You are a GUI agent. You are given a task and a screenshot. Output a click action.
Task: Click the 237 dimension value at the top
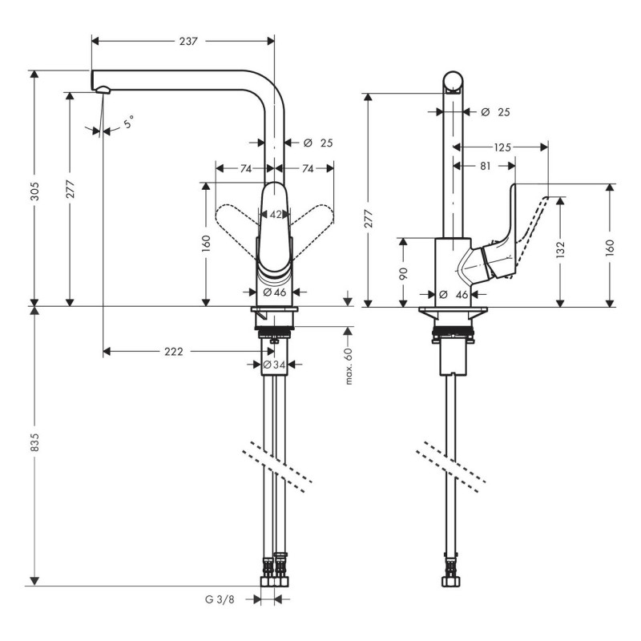coord(188,41)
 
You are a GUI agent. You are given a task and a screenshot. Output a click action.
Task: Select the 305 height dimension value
coord(34,191)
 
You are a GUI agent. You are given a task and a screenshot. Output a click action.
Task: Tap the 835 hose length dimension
coord(34,442)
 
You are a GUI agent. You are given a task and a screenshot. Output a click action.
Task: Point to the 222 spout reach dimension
coord(174,352)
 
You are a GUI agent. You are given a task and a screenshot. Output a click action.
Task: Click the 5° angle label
coord(128,122)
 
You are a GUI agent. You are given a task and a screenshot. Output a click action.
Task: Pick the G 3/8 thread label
coord(220,599)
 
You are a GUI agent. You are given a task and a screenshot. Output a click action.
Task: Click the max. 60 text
coord(349,366)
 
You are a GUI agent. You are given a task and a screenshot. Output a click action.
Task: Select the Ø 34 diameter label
coord(274,365)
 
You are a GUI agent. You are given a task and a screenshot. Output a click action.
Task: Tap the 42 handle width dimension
coord(276,214)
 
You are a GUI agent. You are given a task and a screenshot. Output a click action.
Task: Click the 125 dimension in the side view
coord(502,147)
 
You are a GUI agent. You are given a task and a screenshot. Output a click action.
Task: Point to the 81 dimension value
coord(485,166)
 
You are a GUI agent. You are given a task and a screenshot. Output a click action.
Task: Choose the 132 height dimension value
coord(560,249)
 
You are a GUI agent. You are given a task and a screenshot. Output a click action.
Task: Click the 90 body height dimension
coord(404,273)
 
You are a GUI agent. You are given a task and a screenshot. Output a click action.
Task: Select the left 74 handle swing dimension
coord(246,168)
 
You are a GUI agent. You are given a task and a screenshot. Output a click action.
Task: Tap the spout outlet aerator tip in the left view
coord(103,90)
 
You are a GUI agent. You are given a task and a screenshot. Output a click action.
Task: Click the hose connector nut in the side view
coord(451,581)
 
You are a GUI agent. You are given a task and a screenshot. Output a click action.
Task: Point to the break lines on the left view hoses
coord(277,467)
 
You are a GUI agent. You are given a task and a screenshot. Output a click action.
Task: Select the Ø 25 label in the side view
coord(495,111)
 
